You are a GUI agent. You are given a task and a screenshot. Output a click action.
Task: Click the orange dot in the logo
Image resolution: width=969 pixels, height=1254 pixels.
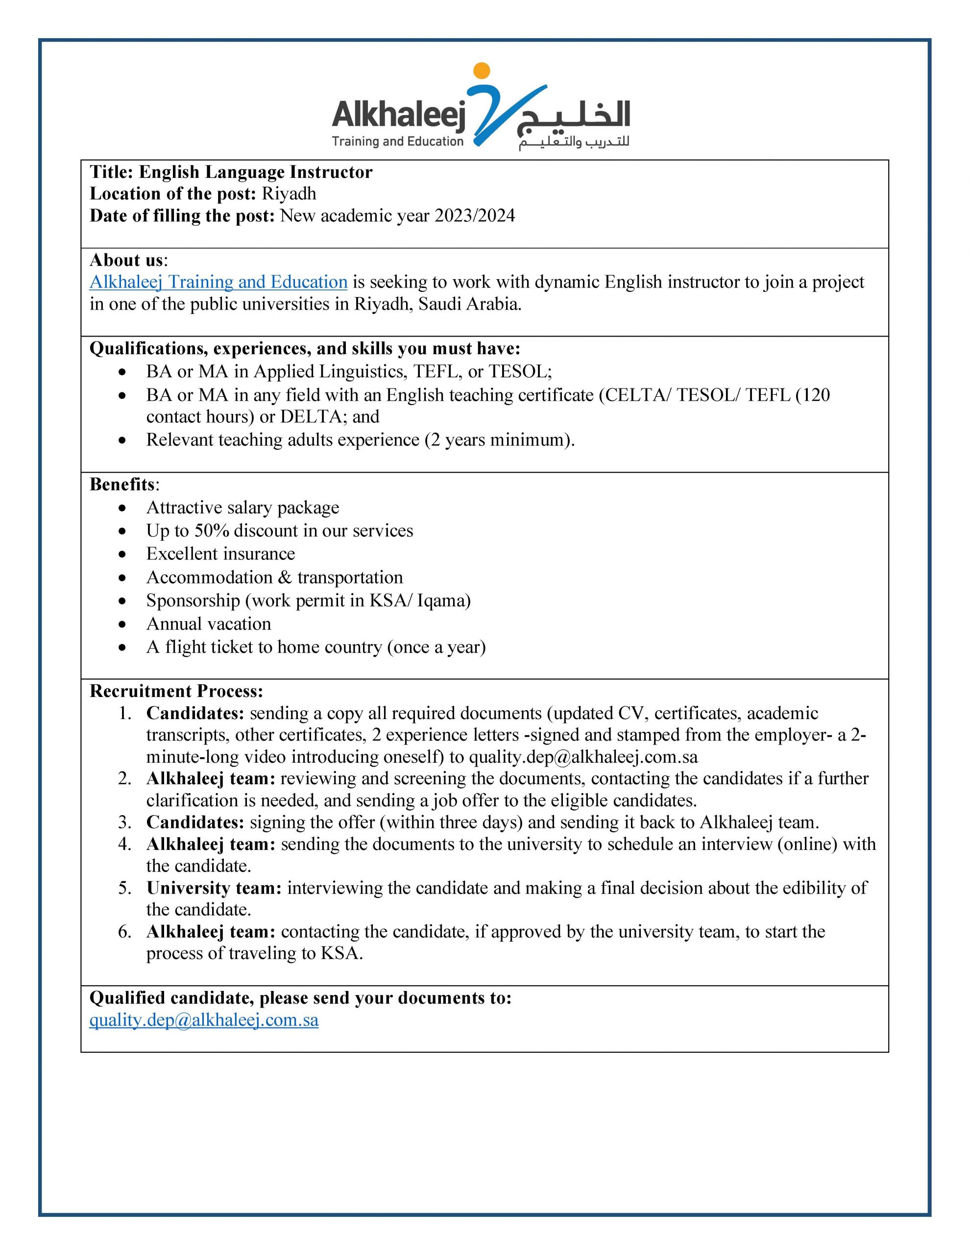[482, 71]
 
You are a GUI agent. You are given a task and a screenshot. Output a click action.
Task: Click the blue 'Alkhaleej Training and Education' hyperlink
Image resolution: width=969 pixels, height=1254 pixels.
[218, 282]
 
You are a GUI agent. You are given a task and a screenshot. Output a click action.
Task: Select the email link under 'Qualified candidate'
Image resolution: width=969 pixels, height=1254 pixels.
[204, 1020]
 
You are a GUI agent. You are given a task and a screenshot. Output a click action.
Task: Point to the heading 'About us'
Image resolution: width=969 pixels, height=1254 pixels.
[126, 260]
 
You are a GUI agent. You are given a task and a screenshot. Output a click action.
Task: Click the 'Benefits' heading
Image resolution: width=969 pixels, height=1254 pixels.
[122, 484]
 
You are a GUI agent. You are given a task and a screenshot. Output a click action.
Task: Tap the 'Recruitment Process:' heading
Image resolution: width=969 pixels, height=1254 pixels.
[176, 691]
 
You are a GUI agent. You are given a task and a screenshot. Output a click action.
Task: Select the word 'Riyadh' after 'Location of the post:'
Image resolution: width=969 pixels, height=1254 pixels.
[289, 193]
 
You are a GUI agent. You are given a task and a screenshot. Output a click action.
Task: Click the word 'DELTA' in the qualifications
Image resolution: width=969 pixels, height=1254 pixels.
[310, 416]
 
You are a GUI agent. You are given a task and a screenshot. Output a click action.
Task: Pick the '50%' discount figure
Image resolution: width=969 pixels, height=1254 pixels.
[212, 531]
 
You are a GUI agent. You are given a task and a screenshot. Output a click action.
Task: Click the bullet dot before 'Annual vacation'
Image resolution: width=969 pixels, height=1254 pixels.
[122, 625]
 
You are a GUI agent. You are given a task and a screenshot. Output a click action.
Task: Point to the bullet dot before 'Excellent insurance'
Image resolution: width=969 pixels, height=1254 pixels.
[122, 555]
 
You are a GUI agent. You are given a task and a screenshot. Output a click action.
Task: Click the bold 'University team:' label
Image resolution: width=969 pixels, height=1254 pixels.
[214, 888]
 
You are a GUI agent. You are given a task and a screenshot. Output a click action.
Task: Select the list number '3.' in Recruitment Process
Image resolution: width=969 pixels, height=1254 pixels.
[124, 822]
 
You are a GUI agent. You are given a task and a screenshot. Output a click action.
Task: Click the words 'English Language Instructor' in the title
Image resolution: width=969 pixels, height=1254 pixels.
[256, 172]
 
